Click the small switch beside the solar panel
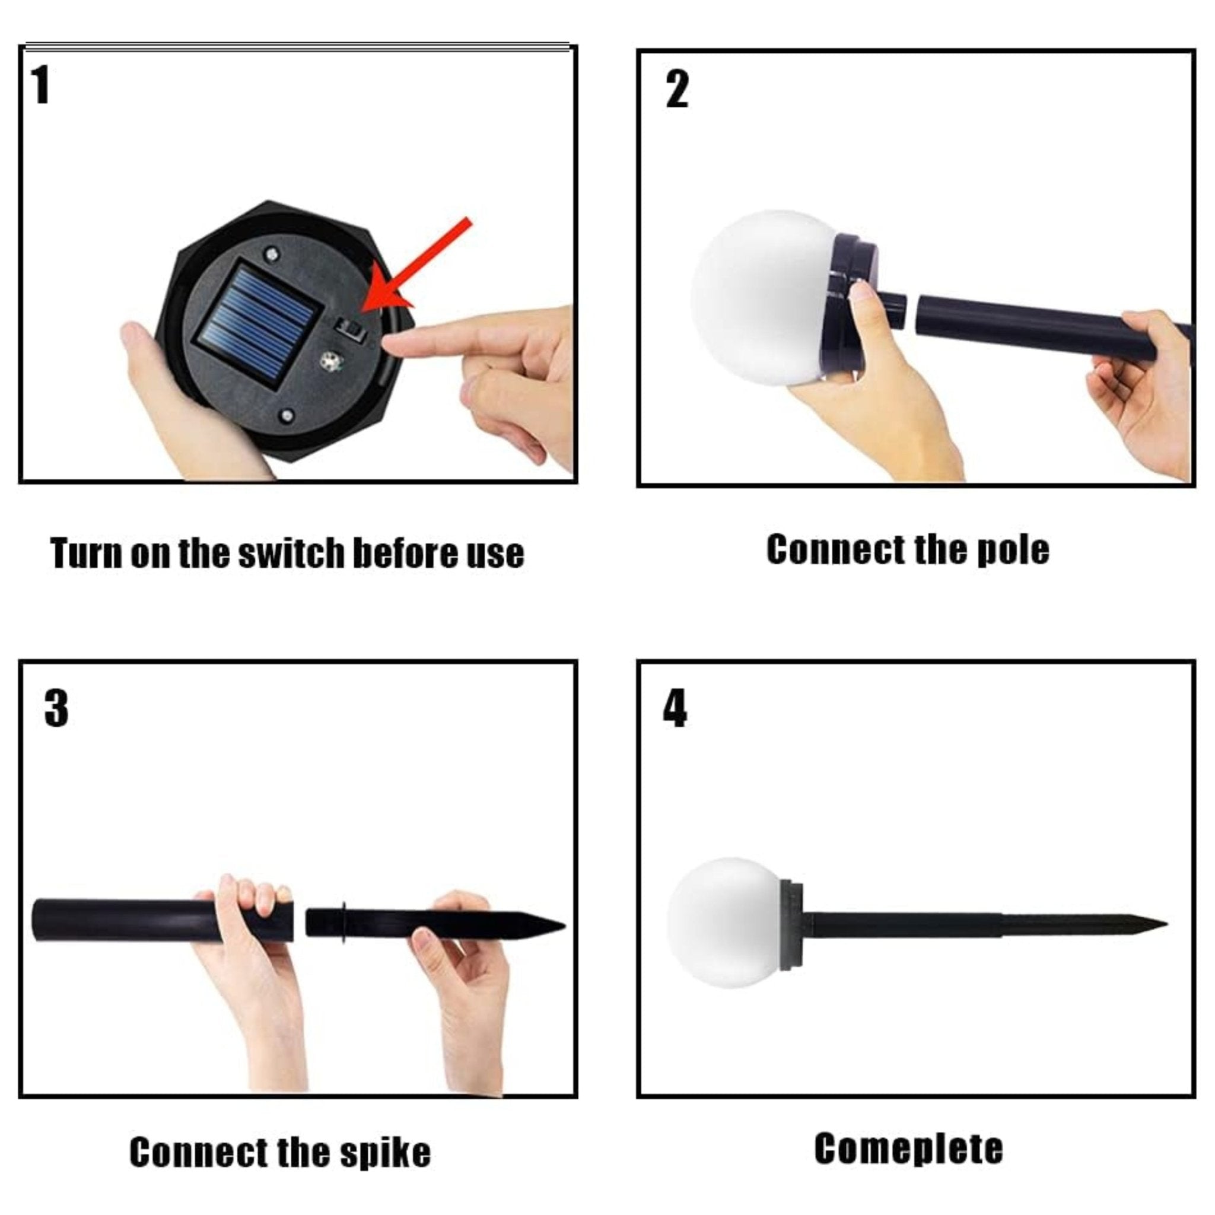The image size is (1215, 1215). pyautogui.click(x=349, y=329)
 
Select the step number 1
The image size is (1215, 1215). pyautogui.click(x=40, y=85)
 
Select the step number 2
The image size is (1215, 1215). pyautogui.click(x=677, y=90)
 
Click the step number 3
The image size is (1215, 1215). pyautogui.click(x=56, y=708)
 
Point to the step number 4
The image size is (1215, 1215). pyautogui.click(x=675, y=708)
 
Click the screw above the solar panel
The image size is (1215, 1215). pyautogui.click(x=272, y=253)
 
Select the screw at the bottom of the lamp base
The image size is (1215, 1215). pyautogui.click(x=287, y=416)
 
